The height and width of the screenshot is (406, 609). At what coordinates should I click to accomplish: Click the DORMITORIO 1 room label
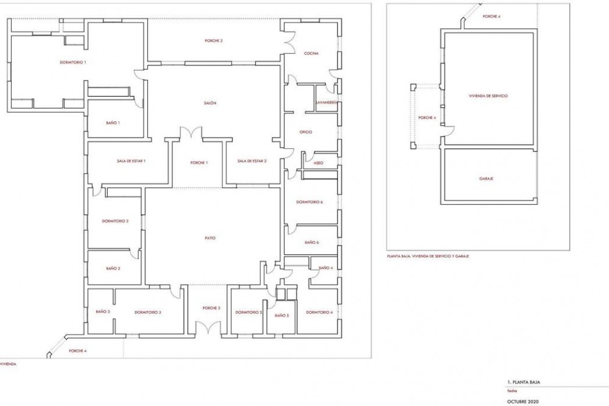tap(72, 62)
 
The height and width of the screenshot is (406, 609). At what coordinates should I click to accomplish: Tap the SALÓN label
tap(209, 103)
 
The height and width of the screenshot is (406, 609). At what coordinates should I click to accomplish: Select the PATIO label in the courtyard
tap(209, 238)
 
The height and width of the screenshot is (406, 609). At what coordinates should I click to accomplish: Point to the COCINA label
tap(311, 54)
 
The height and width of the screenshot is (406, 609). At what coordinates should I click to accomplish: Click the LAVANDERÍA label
tap(326, 102)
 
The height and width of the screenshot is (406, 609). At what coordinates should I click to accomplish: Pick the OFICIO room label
tap(306, 132)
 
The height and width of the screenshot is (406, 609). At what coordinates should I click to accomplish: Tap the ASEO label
tap(318, 163)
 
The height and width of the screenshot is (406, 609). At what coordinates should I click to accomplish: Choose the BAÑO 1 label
tap(113, 123)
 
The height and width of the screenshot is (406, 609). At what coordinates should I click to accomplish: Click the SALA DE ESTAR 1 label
tap(131, 161)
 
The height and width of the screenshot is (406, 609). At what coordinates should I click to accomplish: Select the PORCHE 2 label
tap(214, 41)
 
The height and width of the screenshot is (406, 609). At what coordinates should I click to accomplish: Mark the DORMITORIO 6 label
tap(309, 202)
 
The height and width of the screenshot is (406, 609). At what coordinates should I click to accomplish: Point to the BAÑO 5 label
tap(281, 315)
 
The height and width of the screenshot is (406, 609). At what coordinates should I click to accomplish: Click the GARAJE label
tap(486, 179)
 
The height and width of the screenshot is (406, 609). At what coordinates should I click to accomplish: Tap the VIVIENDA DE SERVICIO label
tap(488, 96)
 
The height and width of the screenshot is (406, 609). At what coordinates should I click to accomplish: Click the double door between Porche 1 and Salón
tap(191, 133)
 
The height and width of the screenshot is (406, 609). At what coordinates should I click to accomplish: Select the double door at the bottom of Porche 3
tap(208, 328)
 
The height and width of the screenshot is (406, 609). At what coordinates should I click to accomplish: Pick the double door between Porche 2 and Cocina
tap(289, 42)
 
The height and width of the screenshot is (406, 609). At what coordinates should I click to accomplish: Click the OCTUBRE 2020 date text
tap(523, 401)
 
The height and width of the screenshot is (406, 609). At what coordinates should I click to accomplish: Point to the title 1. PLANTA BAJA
tap(524, 382)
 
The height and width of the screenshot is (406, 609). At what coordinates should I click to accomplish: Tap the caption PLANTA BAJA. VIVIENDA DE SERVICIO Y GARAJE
tap(428, 256)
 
